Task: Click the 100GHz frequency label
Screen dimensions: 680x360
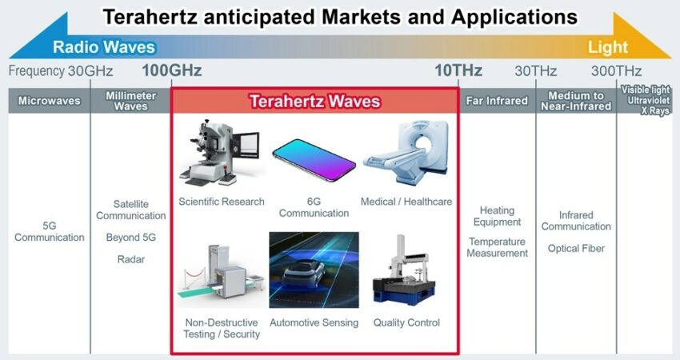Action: click(x=172, y=70)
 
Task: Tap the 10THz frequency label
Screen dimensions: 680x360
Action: click(x=458, y=70)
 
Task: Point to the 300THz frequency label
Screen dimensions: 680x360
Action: click(x=616, y=70)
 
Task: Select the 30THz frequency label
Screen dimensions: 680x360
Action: click(x=535, y=70)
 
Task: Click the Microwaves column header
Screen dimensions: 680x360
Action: click(x=49, y=101)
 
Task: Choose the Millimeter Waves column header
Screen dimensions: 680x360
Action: click(x=130, y=101)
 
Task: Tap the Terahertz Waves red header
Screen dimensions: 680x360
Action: click(x=315, y=101)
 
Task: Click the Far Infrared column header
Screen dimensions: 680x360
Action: click(x=497, y=101)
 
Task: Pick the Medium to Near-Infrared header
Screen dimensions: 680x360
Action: click(x=576, y=101)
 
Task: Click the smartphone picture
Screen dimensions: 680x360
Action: click(x=314, y=159)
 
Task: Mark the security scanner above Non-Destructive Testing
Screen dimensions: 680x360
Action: click(x=220, y=272)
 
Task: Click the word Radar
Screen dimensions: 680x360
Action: click(x=131, y=259)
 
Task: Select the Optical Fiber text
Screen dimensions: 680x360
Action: click(x=576, y=249)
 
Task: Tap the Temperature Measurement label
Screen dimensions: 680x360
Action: click(x=497, y=247)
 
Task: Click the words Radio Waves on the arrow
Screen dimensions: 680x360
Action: click(x=104, y=47)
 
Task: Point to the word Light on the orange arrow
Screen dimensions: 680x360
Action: click(x=607, y=47)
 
